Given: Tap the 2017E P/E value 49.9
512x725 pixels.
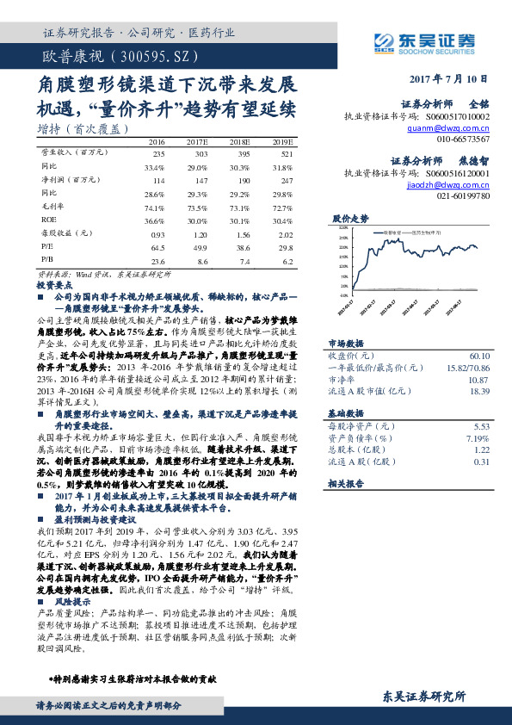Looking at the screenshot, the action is (x=197, y=247).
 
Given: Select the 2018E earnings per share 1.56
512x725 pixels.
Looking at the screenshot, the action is (x=242, y=233).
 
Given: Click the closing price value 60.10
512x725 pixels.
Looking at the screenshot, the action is (x=479, y=356).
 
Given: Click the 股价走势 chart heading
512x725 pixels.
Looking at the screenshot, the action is (x=349, y=219).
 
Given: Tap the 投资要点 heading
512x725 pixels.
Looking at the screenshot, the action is (x=53, y=283).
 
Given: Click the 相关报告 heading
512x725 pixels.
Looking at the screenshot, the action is (x=349, y=486).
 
